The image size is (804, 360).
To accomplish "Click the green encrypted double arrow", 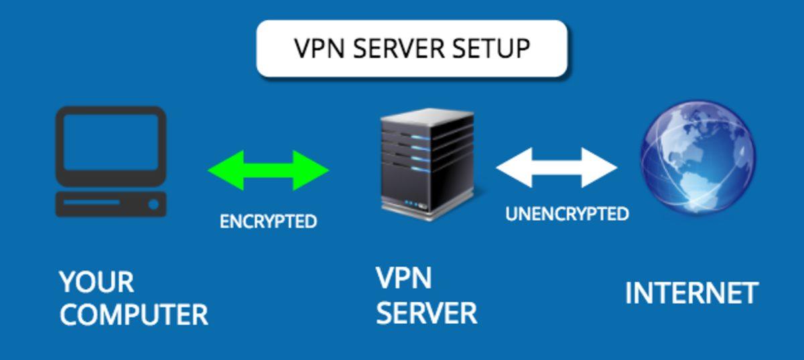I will [x=268, y=170].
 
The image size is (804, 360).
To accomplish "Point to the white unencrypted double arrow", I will [x=556, y=168].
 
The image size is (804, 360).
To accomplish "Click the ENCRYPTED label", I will [x=268, y=222].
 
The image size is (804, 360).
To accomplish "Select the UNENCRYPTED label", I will [x=567, y=214].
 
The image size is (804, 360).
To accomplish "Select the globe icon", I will [x=697, y=158].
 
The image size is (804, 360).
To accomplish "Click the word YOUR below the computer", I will [x=96, y=282].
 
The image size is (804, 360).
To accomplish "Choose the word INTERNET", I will [x=691, y=294].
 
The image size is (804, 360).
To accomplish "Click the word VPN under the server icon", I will [x=403, y=278].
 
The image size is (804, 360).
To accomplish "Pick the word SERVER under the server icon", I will [x=426, y=313].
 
